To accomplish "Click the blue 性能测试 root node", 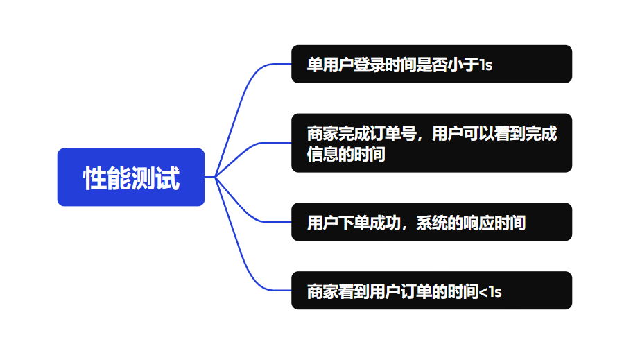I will pos(130,177).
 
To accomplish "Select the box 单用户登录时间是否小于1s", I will pos(431,64).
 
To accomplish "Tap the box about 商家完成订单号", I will pos(431,143).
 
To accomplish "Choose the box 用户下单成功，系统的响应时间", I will pos(431,222).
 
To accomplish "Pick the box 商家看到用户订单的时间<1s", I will pos(431,291).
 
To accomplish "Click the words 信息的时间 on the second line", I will pos(346,155).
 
